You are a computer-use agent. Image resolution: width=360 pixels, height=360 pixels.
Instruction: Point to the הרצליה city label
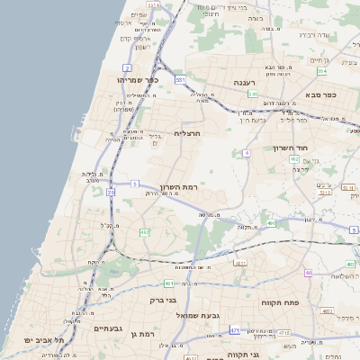pos(185,133)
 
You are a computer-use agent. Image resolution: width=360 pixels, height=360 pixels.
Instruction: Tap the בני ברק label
pos(161,300)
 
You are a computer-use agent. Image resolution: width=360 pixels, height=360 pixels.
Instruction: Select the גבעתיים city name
pos(114,328)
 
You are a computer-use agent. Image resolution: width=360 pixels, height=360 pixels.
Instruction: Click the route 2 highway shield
pos(127,67)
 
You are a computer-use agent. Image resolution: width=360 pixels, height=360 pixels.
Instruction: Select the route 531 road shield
pos(180,80)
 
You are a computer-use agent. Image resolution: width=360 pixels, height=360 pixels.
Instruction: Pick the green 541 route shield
pos(253,94)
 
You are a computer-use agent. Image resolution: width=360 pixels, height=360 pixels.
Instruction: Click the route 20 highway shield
pos(111,192)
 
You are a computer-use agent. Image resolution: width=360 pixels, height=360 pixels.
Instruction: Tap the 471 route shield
pos(234,330)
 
